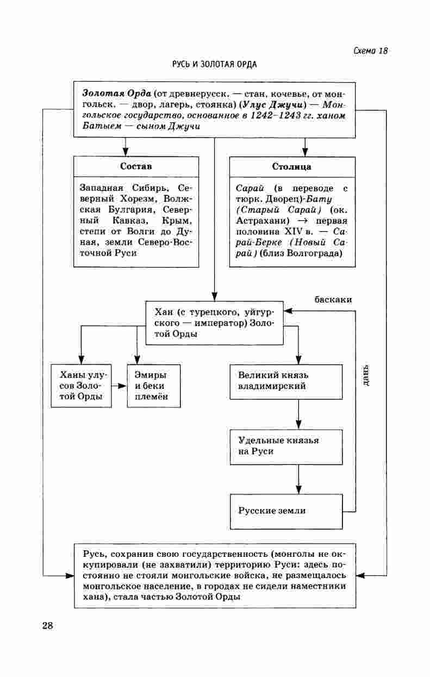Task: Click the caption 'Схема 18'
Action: click(x=370, y=51)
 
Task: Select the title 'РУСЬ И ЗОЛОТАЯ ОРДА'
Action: click(x=214, y=64)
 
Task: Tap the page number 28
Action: click(x=47, y=625)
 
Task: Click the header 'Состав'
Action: click(x=136, y=166)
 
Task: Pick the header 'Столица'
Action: click(x=292, y=166)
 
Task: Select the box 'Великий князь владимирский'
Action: click(x=286, y=381)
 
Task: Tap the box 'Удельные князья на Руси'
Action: click(x=286, y=446)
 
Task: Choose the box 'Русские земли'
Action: click(x=286, y=511)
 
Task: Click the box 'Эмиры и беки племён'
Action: click(x=154, y=386)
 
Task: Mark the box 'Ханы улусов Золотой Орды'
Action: click(x=80, y=386)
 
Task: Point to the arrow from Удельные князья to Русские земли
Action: click(x=298, y=479)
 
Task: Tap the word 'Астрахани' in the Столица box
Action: click(x=259, y=221)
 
